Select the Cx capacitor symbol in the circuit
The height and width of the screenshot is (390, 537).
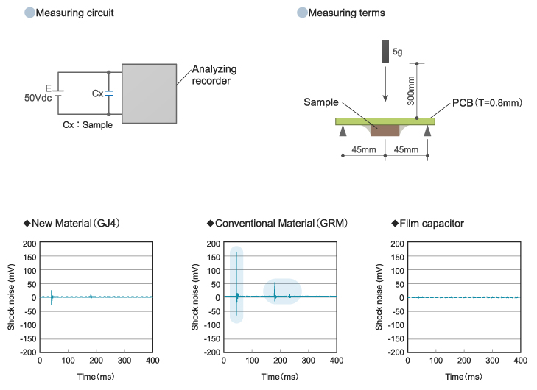[x=109, y=93]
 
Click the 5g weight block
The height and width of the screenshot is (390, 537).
[x=385, y=52]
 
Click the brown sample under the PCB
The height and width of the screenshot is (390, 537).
[x=385, y=130]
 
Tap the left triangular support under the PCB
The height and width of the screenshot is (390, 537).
[x=343, y=130]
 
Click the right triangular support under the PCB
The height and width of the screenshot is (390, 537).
[x=428, y=130]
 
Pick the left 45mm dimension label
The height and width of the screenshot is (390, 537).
[x=363, y=150]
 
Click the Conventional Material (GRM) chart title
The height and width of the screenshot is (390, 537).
[x=281, y=223]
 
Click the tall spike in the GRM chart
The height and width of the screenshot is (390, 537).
[x=236, y=272]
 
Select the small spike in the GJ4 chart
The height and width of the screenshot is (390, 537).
[x=52, y=296]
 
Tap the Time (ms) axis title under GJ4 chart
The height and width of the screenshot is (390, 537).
[x=96, y=377]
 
